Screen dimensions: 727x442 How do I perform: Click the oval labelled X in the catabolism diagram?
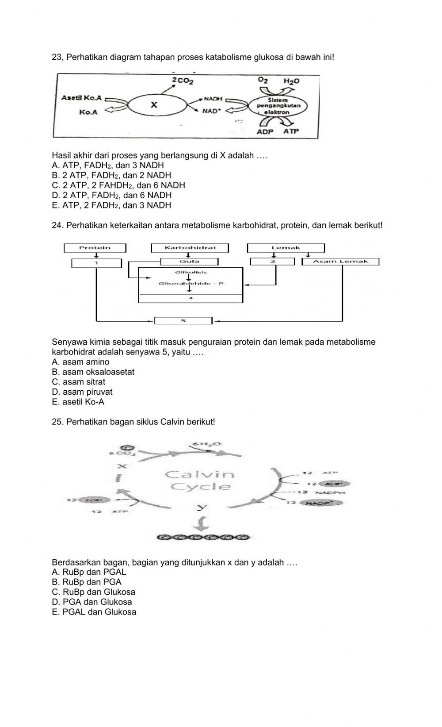tap(154, 105)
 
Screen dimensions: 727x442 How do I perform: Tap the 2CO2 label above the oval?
tap(182, 81)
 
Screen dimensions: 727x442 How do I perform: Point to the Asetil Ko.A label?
tap(81, 97)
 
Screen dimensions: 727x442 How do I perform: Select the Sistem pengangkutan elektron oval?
tap(278, 106)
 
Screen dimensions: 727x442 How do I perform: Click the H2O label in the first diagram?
tap(291, 81)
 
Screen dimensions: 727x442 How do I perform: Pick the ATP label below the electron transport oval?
tap(291, 131)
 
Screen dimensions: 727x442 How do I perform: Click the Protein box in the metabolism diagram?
tap(95, 248)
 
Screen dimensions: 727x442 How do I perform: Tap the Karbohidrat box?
tap(190, 248)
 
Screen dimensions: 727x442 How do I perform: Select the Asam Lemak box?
tap(340, 262)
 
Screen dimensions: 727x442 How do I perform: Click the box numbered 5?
tap(183, 320)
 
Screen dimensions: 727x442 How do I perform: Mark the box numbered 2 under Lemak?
tap(272, 262)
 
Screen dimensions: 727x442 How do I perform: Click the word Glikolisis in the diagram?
tap(191, 273)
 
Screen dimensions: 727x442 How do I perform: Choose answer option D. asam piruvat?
tap(82, 392)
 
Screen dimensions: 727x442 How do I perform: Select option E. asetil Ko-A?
tap(78, 402)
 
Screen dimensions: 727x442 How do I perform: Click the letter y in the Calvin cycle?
tap(202, 506)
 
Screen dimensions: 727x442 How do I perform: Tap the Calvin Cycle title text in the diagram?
tap(200, 481)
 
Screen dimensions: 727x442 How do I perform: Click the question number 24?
tap(57, 226)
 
